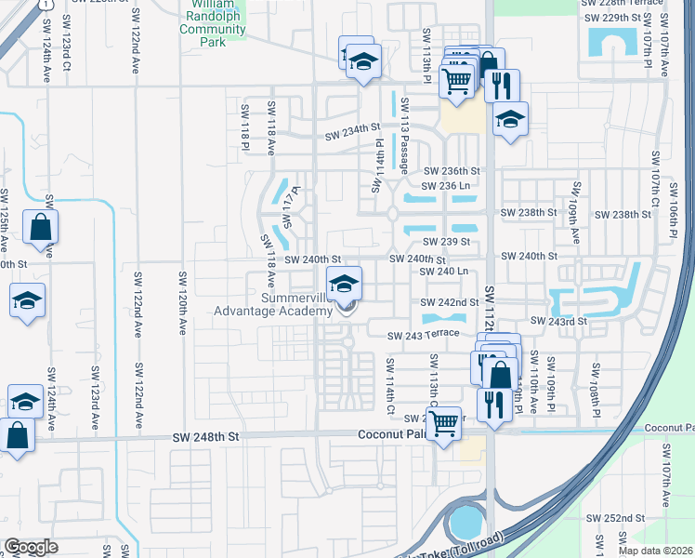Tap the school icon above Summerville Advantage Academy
[x=344, y=283]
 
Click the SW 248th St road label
[x=203, y=436]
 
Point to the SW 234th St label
[x=353, y=137]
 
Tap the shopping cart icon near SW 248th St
[x=445, y=422]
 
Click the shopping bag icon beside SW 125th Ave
[x=41, y=227]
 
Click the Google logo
[x=32, y=547]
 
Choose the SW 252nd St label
[x=615, y=517]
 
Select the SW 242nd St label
[x=449, y=302]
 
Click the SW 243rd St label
[x=559, y=321]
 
